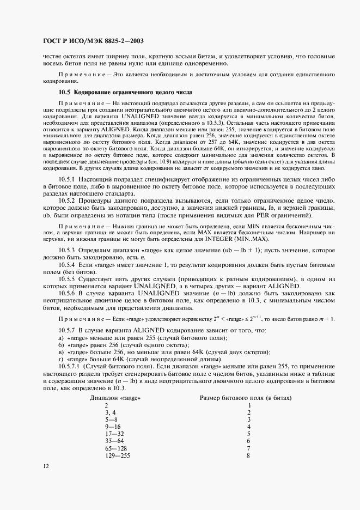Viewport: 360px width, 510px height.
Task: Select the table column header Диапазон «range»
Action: pos(114,398)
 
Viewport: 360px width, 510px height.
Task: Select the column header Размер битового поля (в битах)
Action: pos(246,398)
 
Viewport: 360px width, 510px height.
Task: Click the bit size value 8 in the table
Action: pos(248,454)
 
